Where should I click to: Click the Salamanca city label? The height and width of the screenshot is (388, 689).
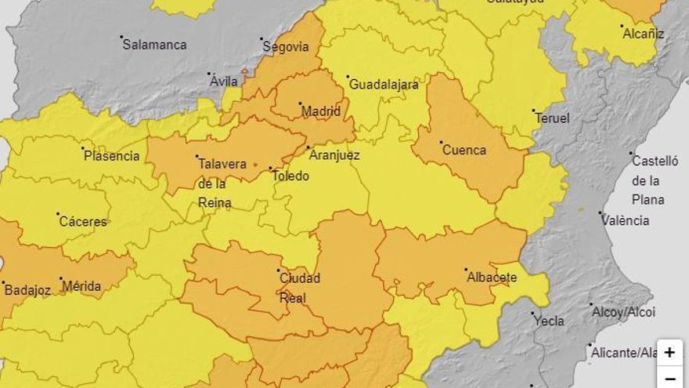coord(155,45)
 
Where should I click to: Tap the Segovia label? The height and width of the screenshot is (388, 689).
coord(287,47)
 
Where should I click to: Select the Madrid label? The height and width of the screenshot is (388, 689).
coord(322,111)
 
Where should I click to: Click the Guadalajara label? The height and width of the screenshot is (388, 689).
coord(384,85)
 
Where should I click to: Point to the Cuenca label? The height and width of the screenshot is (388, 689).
coord(464,150)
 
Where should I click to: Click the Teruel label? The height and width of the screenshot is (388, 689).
coord(552,118)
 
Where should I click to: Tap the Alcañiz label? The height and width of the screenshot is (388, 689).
coord(643,34)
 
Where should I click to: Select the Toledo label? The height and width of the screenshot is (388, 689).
coord(290,176)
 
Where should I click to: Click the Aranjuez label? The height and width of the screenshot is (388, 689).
coord(334,155)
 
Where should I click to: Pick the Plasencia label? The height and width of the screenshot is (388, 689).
coord(112,156)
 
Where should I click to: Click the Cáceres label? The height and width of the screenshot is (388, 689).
coord(83,222)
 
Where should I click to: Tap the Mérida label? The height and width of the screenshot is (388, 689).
coord(81,286)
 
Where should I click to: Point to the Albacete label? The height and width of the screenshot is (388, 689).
coord(492,277)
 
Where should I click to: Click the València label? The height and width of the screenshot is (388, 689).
coord(626,220)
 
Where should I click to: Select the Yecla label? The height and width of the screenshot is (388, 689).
coord(548,321)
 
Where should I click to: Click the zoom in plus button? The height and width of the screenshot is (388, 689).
coord(669,353)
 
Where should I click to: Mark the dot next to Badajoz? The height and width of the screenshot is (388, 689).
coord(3,282)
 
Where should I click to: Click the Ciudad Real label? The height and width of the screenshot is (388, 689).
coord(300,288)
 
